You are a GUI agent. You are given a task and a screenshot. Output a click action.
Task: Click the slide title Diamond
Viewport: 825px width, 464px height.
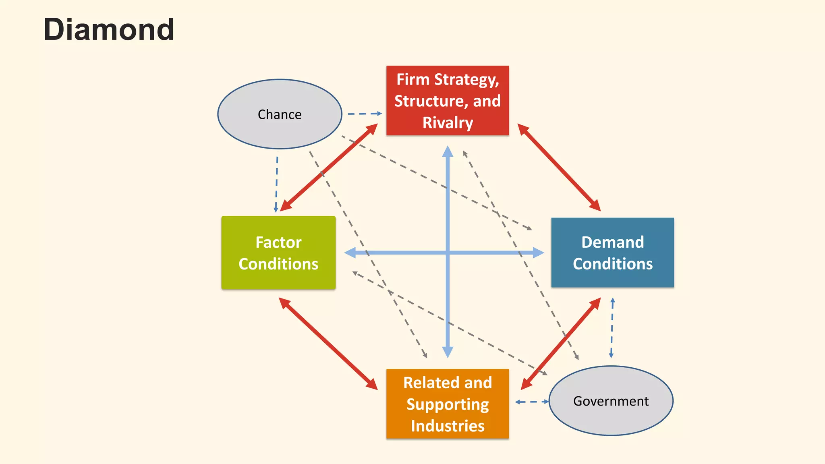[x=109, y=30]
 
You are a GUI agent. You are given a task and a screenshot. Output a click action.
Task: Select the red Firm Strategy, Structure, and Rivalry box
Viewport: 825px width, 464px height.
[x=448, y=101]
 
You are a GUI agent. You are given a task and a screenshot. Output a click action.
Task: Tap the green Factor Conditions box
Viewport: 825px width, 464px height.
[x=278, y=253]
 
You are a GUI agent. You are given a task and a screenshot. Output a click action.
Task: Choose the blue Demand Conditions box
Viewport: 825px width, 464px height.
[x=612, y=253]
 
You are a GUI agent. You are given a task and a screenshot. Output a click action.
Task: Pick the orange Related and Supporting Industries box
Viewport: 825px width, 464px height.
[x=448, y=404]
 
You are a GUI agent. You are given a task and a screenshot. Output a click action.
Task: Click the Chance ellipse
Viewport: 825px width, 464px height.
[x=280, y=114]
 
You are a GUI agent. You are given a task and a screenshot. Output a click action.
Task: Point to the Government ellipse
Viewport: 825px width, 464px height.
[x=611, y=401]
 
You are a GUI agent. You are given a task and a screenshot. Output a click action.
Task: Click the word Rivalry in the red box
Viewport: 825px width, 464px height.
[x=448, y=122]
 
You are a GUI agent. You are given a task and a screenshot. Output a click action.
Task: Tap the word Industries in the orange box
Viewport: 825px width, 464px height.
[x=448, y=426]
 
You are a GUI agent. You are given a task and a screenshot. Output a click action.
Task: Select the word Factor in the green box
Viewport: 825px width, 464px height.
[x=278, y=242]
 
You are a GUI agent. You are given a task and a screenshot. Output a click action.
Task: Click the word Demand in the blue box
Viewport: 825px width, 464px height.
[x=612, y=242]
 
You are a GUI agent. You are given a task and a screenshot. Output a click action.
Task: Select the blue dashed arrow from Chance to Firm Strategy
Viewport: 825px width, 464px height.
[x=364, y=114]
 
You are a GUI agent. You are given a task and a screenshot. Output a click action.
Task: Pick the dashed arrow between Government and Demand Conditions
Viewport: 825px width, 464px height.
[x=612, y=327]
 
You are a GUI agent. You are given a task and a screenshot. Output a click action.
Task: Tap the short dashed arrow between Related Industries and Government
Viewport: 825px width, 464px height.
[x=532, y=402]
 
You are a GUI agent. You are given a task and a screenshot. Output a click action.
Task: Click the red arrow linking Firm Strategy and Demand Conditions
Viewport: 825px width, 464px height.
[x=559, y=167]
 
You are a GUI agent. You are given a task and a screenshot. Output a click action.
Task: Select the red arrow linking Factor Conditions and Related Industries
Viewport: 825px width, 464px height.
[x=328, y=344]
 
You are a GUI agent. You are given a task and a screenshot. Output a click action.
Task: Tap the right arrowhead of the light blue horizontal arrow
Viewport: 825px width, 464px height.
[x=538, y=253]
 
